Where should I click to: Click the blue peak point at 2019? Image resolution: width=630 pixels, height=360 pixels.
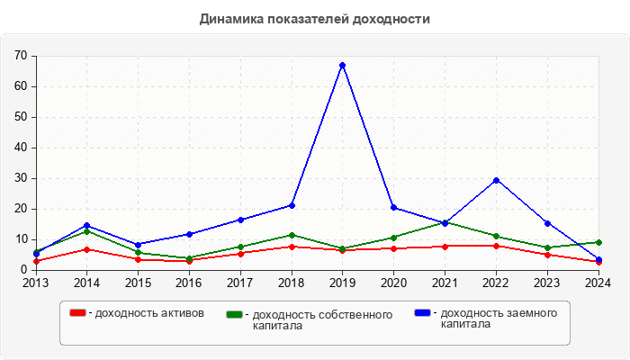[x=342, y=66]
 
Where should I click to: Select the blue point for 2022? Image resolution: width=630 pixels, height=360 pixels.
[x=496, y=180]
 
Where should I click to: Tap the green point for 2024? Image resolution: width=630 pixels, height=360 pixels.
[x=598, y=242]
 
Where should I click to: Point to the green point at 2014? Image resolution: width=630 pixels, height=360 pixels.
[x=86, y=231]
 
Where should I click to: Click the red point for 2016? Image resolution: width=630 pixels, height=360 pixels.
[x=189, y=260]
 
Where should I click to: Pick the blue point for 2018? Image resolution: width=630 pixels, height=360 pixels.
[x=292, y=205]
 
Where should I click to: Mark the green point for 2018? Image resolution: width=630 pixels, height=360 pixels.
[x=292, y=235]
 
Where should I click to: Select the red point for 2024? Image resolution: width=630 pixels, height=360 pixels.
[x=598, y=262]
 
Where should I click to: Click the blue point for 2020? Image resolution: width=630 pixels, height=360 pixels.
[x=393, y=207]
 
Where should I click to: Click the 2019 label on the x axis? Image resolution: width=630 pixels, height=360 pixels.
[x=342, y=283]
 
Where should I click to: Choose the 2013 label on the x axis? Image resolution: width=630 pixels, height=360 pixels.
[x=36, y=283]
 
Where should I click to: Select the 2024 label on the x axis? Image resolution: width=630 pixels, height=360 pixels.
[x=598, y=283]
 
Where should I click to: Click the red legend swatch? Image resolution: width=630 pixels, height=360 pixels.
[x=78, y=312]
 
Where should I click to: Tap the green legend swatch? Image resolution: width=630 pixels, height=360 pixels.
[x=234, y=314]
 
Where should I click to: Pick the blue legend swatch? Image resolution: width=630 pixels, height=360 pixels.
[x=422, y=312]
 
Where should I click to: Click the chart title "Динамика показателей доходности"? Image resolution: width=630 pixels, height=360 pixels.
[x=314, y=18]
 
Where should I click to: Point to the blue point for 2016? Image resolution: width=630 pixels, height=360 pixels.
[x=189, y=234]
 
